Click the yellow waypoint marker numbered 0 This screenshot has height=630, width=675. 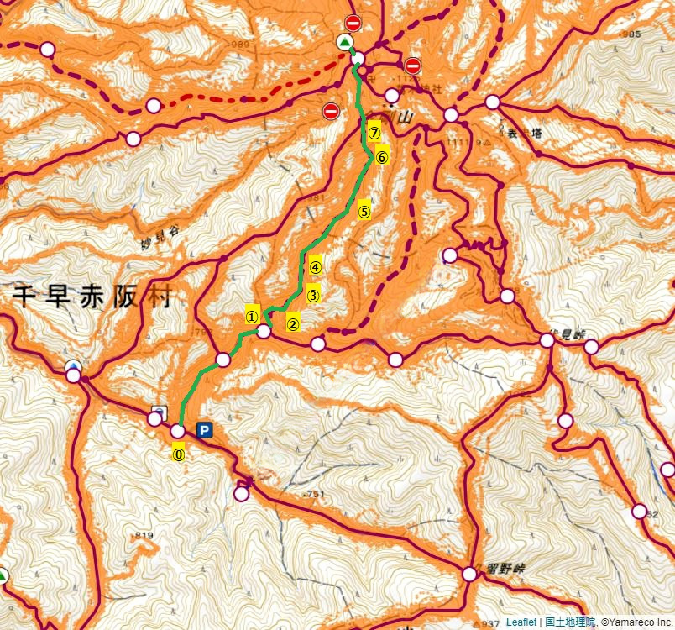coord(178,454)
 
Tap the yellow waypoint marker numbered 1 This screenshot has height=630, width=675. coord(251,317)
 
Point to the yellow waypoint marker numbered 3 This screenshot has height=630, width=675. coord(312,295)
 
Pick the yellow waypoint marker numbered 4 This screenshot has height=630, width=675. coord(316,268)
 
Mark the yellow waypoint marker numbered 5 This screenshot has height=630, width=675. coord(364,212)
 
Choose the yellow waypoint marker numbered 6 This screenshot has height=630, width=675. coord(382,157)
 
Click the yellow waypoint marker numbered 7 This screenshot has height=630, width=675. coord(374,133)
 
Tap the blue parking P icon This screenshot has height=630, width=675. coord(204,430)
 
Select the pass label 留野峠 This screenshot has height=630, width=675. coord(505,569)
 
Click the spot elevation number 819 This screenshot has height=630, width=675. coord(143,535)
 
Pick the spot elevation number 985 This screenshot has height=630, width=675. coord(631,34)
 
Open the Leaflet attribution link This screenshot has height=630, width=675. coord(521,622)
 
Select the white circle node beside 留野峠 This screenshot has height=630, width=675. coord(469,575)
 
